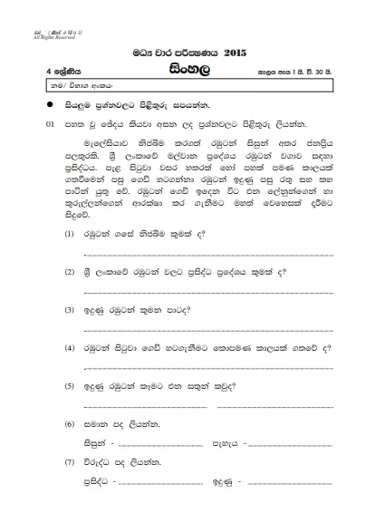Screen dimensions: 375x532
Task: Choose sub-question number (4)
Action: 71,347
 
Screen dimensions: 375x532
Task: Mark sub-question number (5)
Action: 71,385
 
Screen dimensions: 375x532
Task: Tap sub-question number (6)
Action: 71,424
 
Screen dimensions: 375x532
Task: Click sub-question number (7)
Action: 71,462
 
